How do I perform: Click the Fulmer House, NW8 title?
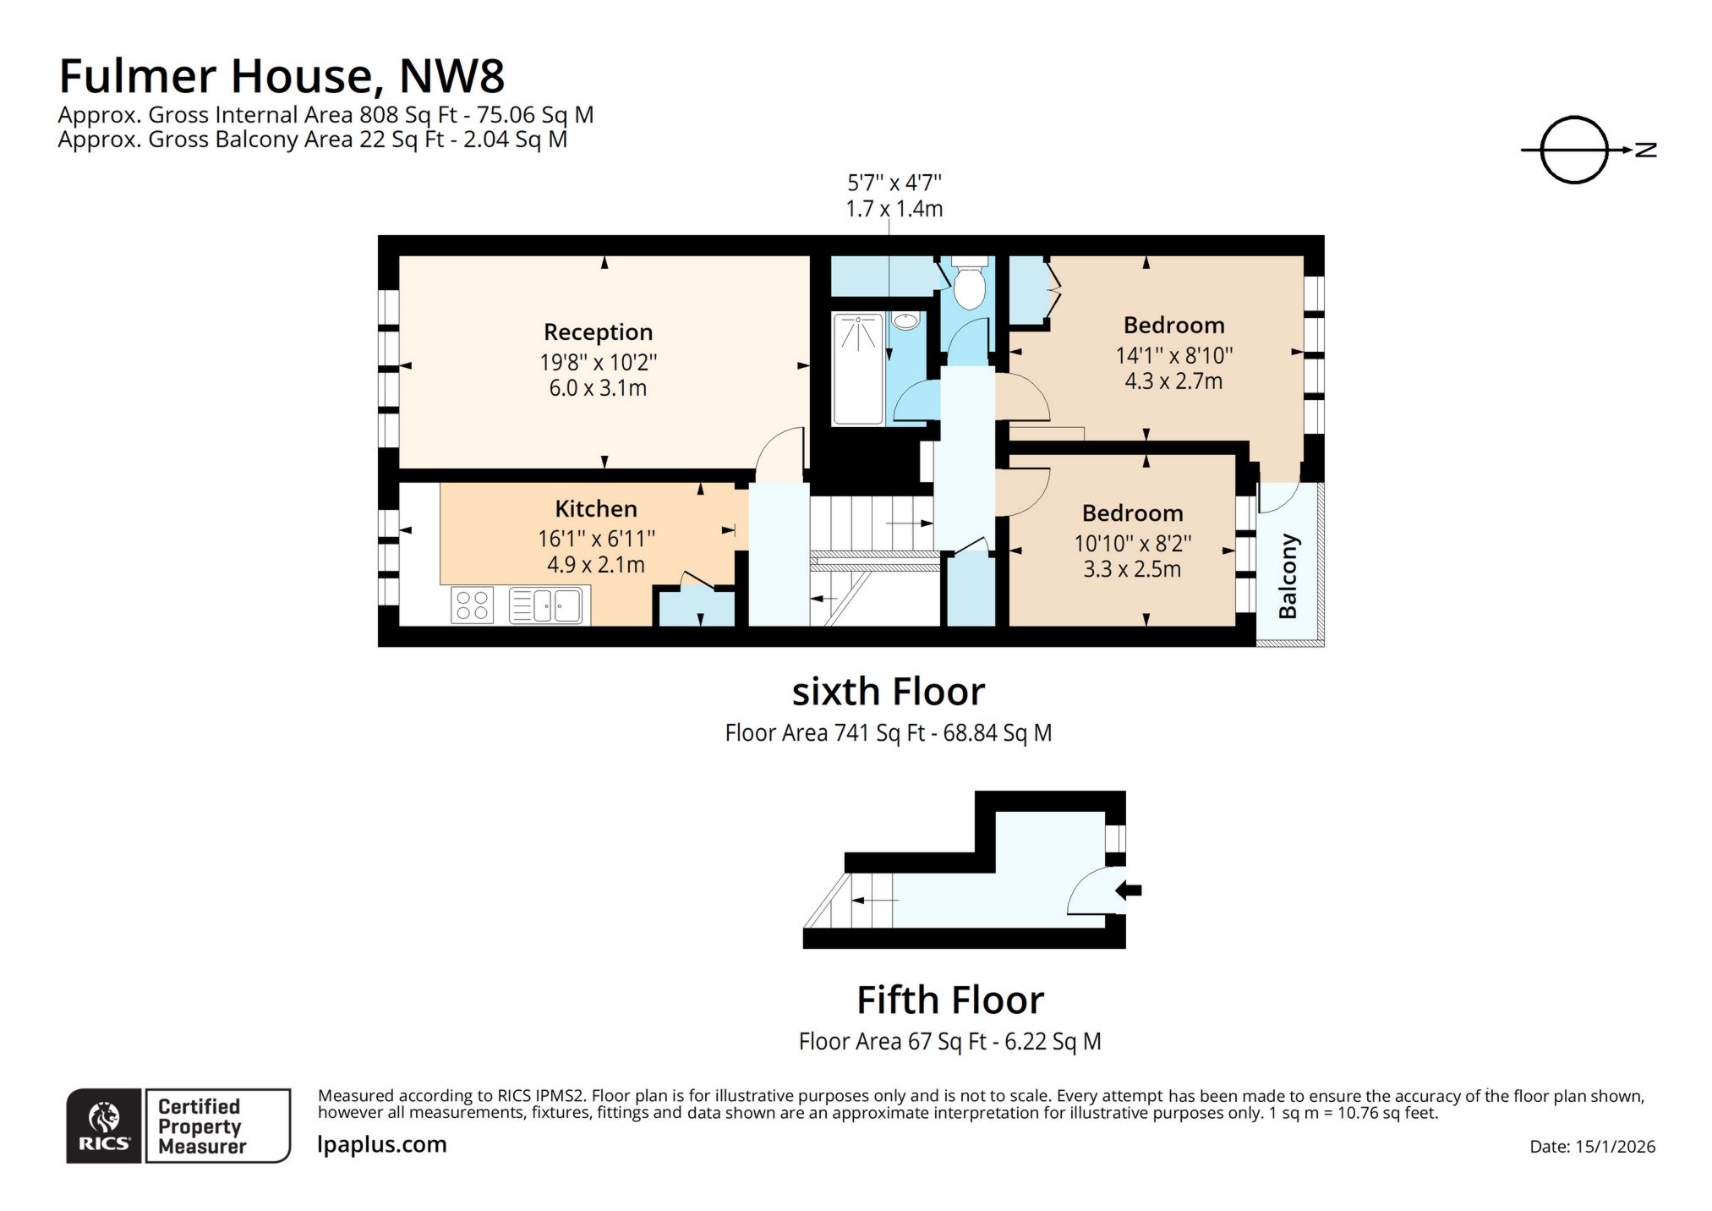coord(282,76)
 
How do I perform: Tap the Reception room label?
coord(598,332)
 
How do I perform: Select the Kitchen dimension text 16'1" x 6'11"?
coord(596,539)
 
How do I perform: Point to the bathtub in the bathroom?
coord(857,368)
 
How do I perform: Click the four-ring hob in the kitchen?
coord(472,605)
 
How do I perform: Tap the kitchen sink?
coord(546,605)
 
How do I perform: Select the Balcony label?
coord(1288,576)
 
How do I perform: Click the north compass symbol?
coord(1575,150)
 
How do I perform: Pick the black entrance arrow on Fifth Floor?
coord(1129,890)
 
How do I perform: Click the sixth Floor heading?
coord(888,692)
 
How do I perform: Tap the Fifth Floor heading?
coord(950,1000)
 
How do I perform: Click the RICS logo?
coord(104,1126)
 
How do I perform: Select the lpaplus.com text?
coord(381,1144)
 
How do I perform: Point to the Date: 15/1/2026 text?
coord(1592,1147)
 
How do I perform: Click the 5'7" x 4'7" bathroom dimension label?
coord(894,183)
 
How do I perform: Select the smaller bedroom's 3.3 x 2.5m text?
coord(1132,569)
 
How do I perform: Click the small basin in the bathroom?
coord(906,321)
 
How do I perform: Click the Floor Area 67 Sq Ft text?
coord(949,1041)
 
